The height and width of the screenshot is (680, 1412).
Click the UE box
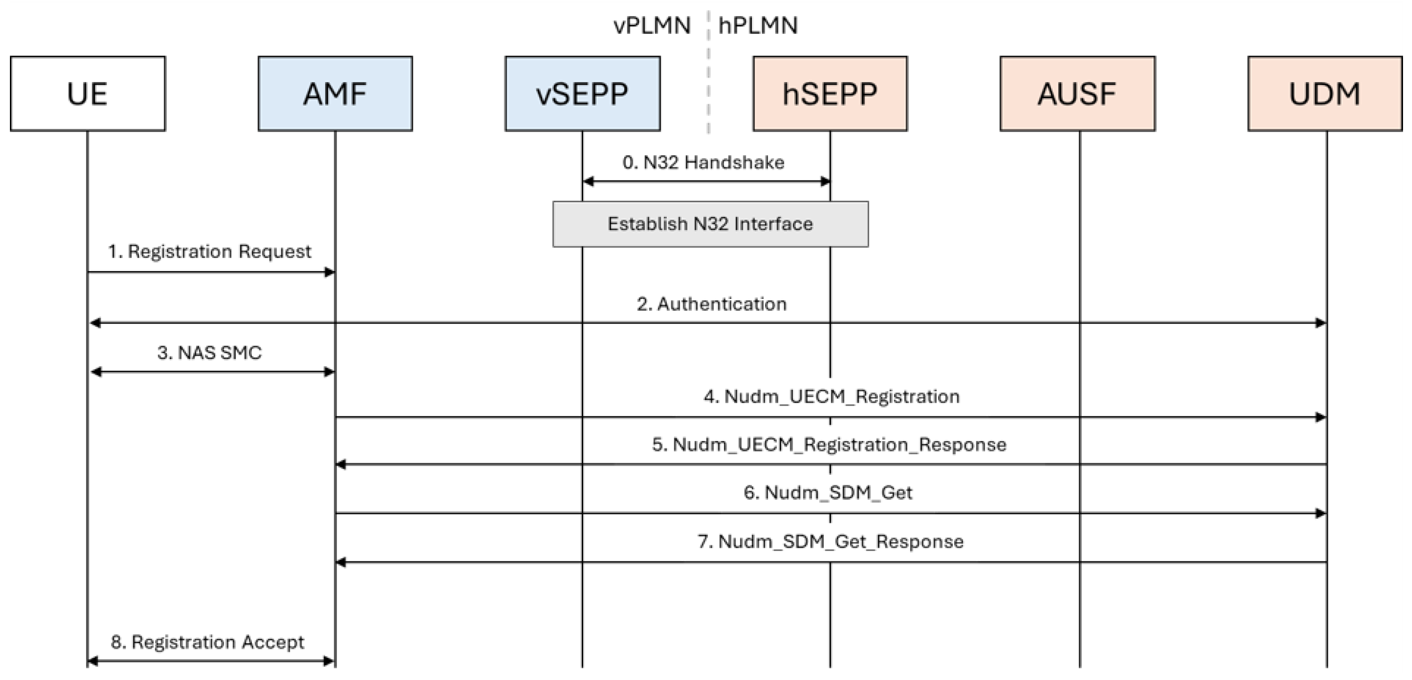tap(88, 93)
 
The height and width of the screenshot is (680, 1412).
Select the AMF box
tap(335, 93)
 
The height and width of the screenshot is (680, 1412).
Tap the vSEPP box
tap(582, 93)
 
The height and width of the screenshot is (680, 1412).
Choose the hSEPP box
tap(830, 93)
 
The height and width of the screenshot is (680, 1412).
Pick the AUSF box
tap(1077, 93)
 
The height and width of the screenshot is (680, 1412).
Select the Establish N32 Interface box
tap(710, 224)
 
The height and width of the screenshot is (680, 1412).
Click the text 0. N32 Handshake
tap(703, 162)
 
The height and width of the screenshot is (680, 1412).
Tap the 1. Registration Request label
tap(209, 252)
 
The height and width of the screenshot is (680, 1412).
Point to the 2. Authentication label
tap(712, 304)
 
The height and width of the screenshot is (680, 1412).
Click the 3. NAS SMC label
tap(209, 352)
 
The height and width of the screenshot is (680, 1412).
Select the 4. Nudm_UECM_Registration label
tap(832, 396)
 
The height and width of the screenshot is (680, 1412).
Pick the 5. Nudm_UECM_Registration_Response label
tap(829, 444)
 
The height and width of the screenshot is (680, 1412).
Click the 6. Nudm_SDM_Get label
tap(828, 493)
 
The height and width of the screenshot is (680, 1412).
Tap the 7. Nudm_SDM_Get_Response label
tap(830, 541)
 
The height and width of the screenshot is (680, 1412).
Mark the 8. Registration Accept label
tap(207, 642)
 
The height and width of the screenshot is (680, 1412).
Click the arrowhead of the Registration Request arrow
tap(330, 272)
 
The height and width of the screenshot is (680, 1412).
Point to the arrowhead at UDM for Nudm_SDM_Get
tap(1320, 513)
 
